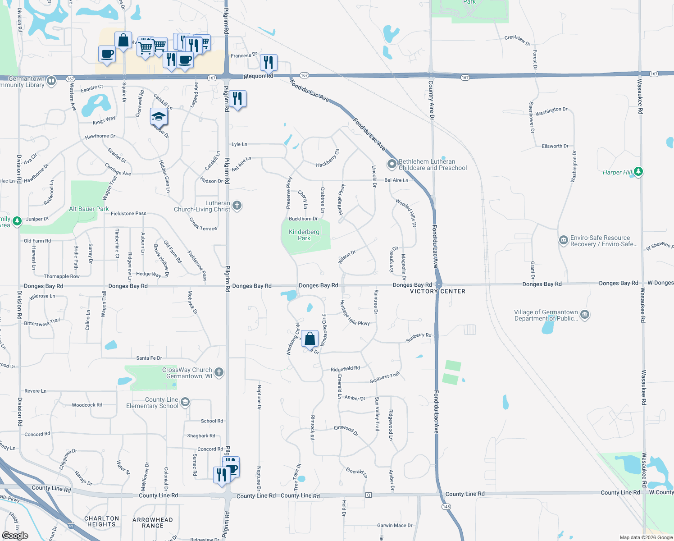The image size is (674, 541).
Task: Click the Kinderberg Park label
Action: tap(304, 235)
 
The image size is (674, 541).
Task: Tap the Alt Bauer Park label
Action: tap(89, 209)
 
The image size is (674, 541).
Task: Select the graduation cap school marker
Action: tap(159, 117)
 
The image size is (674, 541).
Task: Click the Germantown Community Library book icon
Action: tap(51, 81)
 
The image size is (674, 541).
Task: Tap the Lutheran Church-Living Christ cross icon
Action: tap(237, 206)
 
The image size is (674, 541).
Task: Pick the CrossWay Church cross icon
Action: tap(219, 372)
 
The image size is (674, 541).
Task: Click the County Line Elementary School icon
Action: tap(185, 402)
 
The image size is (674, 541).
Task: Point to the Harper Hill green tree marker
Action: tap(638, 171)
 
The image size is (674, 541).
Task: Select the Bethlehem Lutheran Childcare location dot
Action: tap(392, 164)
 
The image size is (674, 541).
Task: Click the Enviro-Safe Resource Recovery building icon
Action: tap(563, 240)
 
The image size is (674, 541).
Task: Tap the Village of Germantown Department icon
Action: tap(585, 315)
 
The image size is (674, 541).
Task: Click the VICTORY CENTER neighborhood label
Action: tap(437, 291)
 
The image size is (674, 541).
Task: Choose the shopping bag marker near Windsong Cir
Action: tap(310, 338)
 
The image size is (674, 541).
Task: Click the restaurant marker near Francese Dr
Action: tap(269, 62)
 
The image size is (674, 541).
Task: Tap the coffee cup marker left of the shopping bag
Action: tap(107, 54)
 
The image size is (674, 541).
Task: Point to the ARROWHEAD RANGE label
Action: tap(152, 523)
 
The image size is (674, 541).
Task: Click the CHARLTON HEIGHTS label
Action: tap(102, 521)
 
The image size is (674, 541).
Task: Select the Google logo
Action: tap(15, 535)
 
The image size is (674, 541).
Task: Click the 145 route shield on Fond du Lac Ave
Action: tap(446, 507)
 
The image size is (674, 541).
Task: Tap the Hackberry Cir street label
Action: tap(328, 158)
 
